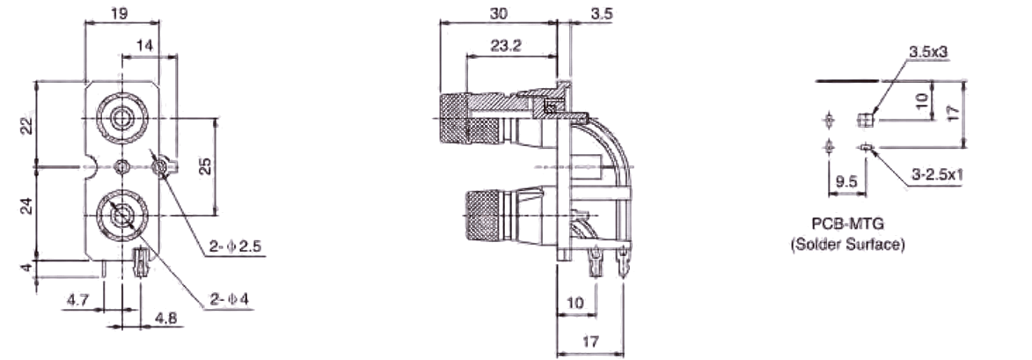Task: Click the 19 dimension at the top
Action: [121, 12]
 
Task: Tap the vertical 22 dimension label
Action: [26, 125]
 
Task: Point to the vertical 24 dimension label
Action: [26, 207]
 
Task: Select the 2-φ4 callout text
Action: [228, 302]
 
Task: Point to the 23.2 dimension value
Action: [507, 46]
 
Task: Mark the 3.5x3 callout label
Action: [927, 53]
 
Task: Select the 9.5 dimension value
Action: [847, 182]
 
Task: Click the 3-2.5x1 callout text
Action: [937, 174]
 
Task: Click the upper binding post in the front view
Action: [121, 114]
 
